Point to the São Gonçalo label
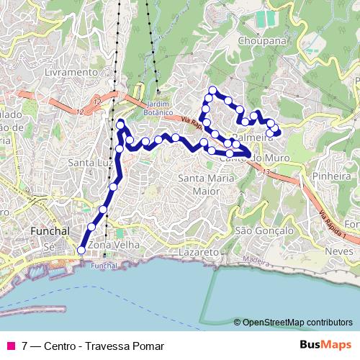click(264, 230)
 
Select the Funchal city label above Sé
click(49, 231)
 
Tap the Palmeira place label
click(249, 137)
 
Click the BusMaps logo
click(325, 345)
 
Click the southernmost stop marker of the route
click(81, 250)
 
